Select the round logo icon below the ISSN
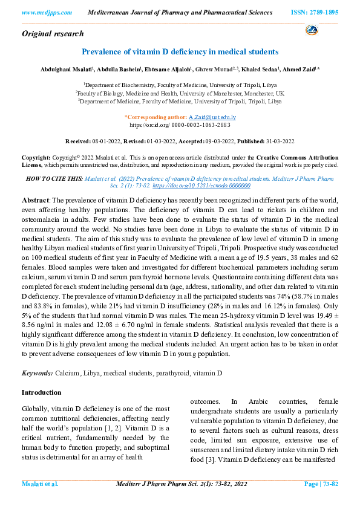[x=312, y=30]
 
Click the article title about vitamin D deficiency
[x=180, y=52]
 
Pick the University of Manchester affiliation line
[x=179, y=94]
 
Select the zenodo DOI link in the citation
[x=198, y=187]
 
